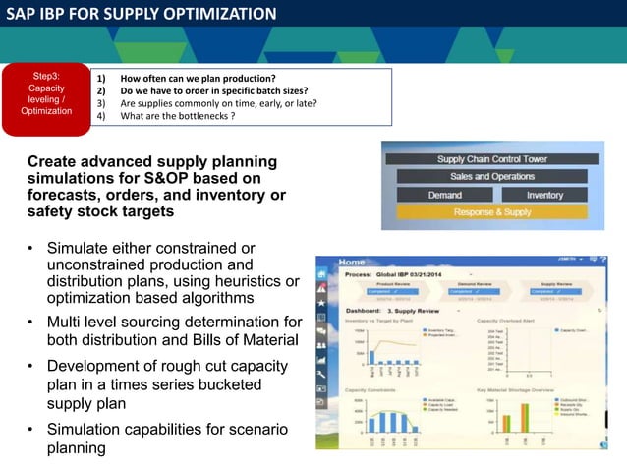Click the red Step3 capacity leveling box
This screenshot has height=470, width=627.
pos(46,93)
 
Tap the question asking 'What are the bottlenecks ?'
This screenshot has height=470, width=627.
pos(177,116)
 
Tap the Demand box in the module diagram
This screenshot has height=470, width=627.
pos(444,195)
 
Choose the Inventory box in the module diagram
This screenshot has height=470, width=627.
pos(544,195)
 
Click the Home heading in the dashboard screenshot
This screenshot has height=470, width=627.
pos(351,263)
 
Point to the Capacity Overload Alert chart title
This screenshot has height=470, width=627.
pos(511,321)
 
